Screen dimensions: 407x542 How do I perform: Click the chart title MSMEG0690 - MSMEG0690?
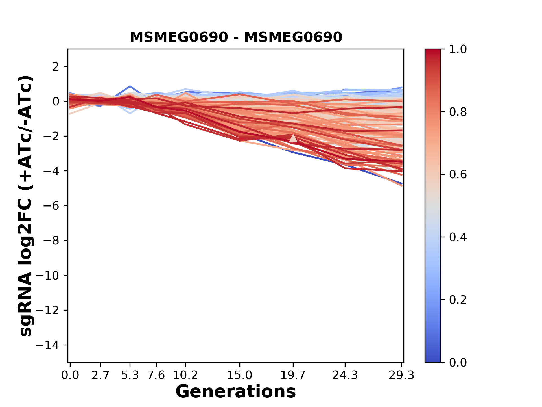(236, 37)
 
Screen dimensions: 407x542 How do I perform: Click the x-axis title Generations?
(236, 392)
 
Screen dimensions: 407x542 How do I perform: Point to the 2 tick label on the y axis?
(56, 67)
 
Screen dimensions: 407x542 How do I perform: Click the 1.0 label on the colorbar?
(458, 49)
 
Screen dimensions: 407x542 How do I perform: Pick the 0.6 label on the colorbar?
(458, 175)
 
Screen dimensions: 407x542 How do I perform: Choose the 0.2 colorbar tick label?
(458, 300)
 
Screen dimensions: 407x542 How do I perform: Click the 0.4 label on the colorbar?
(458, 237)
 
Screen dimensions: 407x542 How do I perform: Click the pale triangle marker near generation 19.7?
(293, 138)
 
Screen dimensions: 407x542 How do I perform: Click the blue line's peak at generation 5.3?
(130, 86)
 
